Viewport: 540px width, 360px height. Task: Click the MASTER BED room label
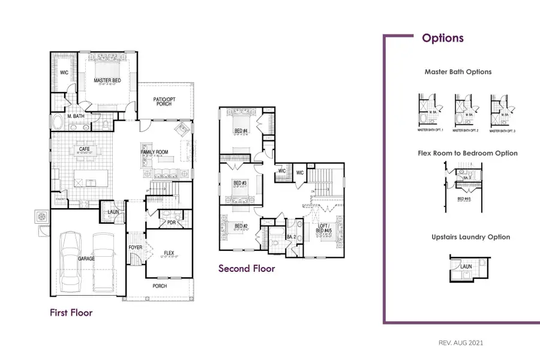[x=109, y=80]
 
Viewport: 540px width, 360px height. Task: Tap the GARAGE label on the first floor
[x=86, y=258]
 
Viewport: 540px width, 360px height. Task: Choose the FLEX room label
[x=169, y=253]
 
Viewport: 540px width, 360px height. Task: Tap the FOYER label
[x=135, y=247]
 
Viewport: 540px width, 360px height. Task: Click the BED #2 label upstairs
[x=239, y=226]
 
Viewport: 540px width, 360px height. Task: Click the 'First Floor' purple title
[x=71, y=313]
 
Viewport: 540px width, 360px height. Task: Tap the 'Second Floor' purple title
[x=247, y=268]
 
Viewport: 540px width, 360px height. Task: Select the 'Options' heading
[x=443, y=38]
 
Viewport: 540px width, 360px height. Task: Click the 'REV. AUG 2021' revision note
[x=461, y=343]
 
